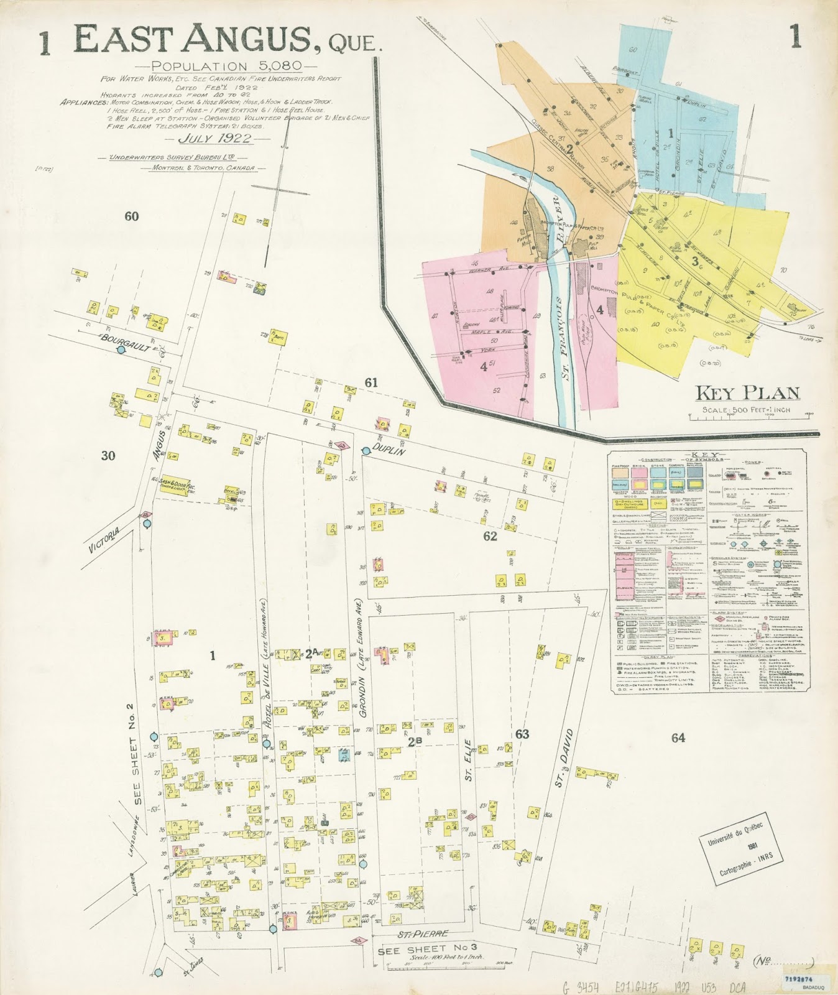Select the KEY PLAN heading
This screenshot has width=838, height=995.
pyautogui.click(x=747, y=393)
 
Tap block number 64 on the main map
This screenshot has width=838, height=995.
pyautogui.click(x=678, y=738)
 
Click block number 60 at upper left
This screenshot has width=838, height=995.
pyautogui.click(x=131, y=216)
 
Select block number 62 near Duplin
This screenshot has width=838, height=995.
pyautogui.click(x=490, y=536)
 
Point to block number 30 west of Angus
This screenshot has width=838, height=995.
pyautogui.click(x=108, y=456)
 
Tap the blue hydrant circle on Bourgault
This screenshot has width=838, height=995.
pyautogui.click(x=121, y=350)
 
